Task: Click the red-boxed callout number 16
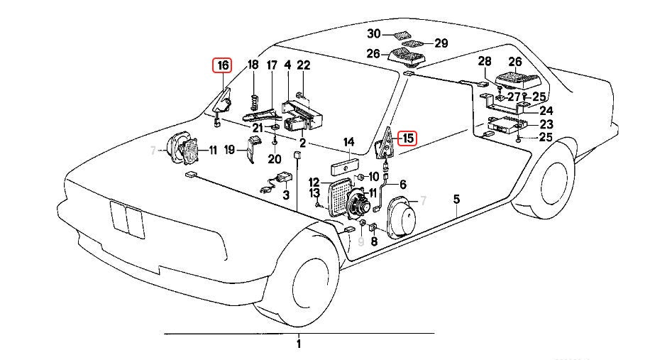coord(223,66)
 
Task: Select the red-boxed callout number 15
coord(407,138)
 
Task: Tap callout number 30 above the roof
coord(374,34)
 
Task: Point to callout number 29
coord(441,43)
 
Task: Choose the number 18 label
coord(253,66)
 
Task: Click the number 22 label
coord(304,66)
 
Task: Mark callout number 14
coord(348,143)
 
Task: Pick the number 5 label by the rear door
coord(457,200)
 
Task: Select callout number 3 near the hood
coord(285,195)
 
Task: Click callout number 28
coord(485,61)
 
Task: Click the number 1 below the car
coord(299,344)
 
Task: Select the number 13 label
coord(314,193)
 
